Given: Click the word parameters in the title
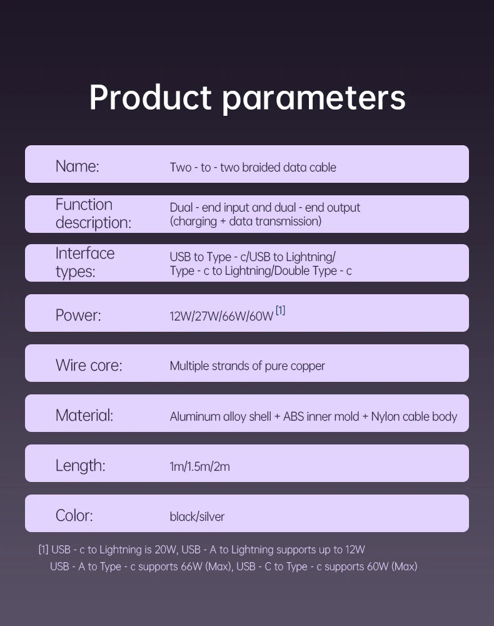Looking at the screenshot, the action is [314, 100].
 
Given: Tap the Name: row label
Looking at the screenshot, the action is [78, 166].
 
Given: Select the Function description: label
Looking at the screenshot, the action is [93, 213].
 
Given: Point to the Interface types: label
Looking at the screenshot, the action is [85, 262].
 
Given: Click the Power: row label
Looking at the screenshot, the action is [78, 316].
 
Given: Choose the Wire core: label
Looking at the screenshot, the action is [89, 366].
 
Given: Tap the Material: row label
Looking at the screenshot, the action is [84, 415].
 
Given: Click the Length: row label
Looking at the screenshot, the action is [81, 466].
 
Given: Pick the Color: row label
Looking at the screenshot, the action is [74, 515].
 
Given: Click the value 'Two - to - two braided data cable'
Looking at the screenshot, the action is [253, 167].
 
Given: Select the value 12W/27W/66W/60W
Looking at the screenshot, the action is [221, 316].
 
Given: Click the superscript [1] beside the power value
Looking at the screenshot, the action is [280, 310].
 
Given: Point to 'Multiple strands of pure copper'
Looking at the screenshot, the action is [247, 366].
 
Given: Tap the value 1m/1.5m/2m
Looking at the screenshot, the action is [199, 466].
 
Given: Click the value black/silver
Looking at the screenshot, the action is [197, 516].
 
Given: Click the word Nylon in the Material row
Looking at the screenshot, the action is [385, 417].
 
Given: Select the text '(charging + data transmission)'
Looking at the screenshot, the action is [246, 221].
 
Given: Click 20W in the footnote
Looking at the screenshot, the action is [166, 550].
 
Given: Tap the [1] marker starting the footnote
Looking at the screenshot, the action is [43, 550].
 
